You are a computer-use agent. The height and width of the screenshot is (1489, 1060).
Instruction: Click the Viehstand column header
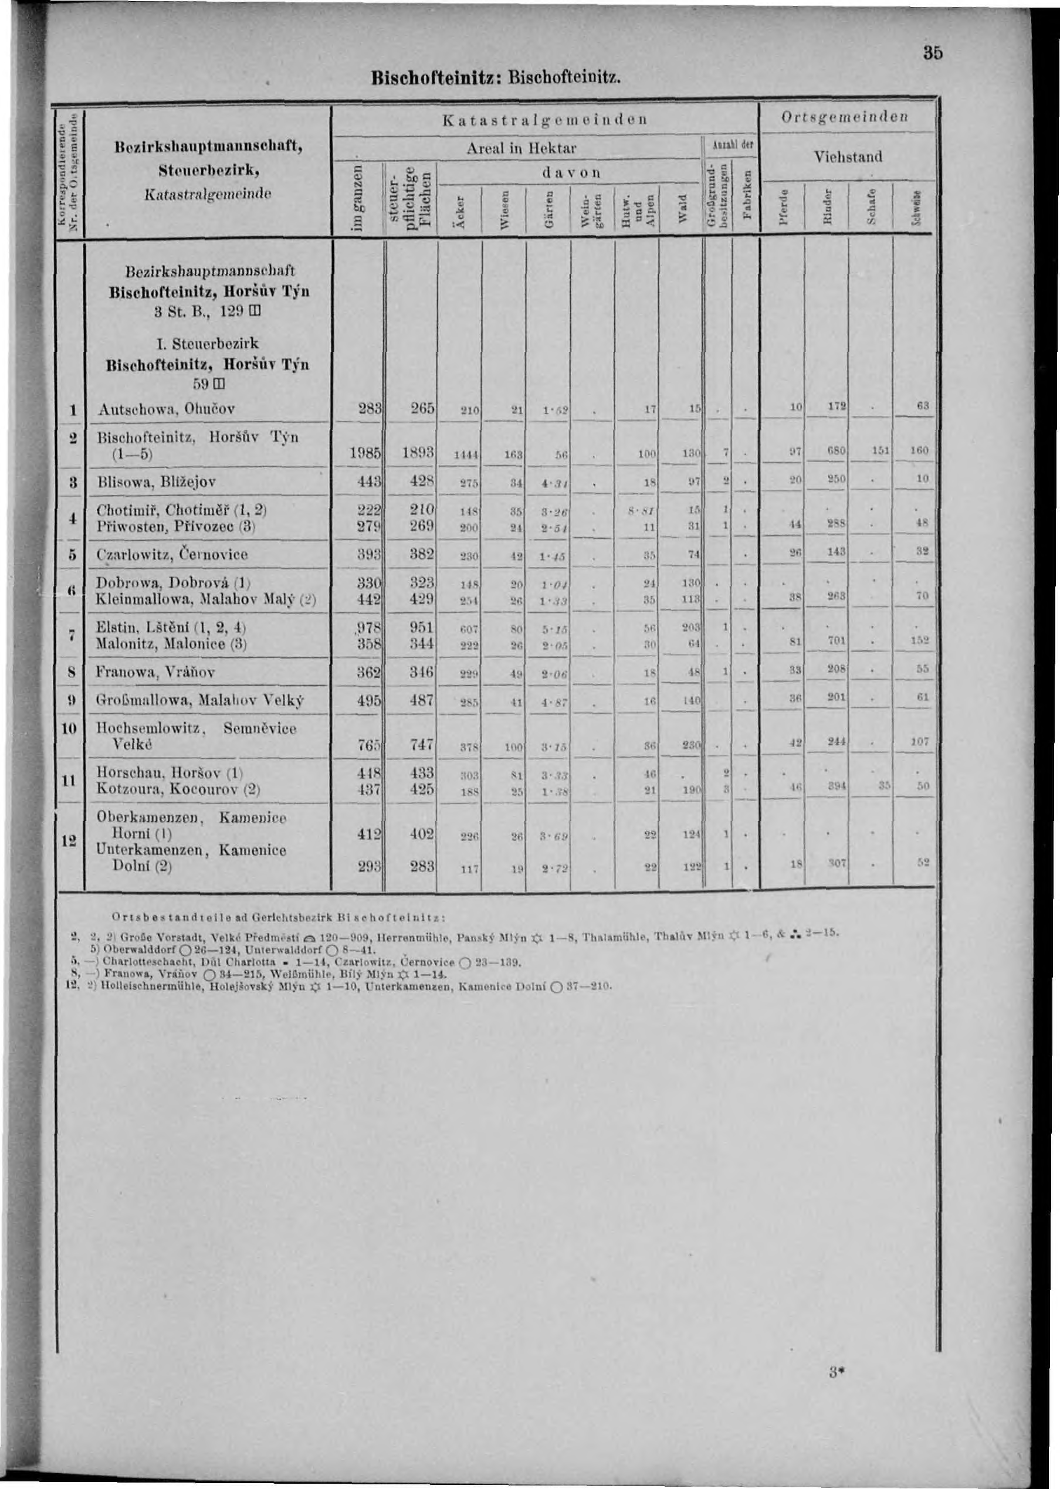pos(848,157)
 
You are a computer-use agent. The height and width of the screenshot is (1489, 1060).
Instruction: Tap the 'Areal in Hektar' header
pos(521,148)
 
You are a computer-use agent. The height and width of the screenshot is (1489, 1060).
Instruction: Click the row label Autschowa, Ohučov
pos(166,410)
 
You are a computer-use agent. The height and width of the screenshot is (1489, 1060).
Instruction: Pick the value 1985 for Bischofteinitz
pos(365,452)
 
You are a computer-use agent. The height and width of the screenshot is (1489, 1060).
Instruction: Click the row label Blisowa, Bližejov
pos(156,482)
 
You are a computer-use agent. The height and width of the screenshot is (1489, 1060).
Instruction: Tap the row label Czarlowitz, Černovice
pos(172,555)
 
